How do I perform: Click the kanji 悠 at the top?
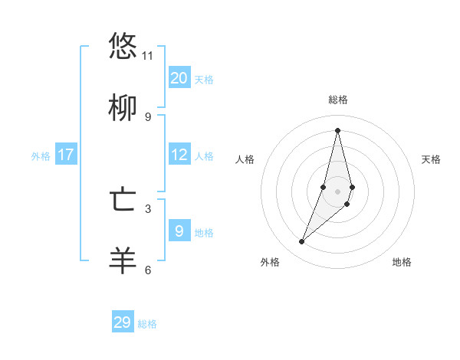point(123,47)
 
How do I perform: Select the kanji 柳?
point(123,108)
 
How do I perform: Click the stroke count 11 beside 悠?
point(148,56)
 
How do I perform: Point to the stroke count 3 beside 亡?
point(148,208)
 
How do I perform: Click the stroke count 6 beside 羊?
point(148,270)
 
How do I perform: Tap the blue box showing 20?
point(179,77)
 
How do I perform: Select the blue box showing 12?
point(179,155)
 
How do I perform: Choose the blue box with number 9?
point(179,231)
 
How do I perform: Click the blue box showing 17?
point(66,155)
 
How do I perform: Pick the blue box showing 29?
point(123,322)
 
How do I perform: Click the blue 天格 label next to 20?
point(204,80)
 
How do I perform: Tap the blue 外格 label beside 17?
point(41,156)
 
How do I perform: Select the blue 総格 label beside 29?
point(147,324)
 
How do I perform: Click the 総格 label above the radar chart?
point(338,100)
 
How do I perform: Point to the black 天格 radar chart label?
point(431,159)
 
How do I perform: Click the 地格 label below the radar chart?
point(402,262)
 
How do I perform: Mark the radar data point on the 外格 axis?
point(302,242)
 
